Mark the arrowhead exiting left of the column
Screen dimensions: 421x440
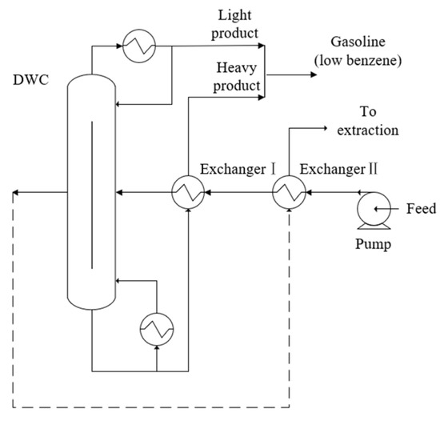tap(15, 192)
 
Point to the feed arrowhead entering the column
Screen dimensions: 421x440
tap(120, 192)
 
